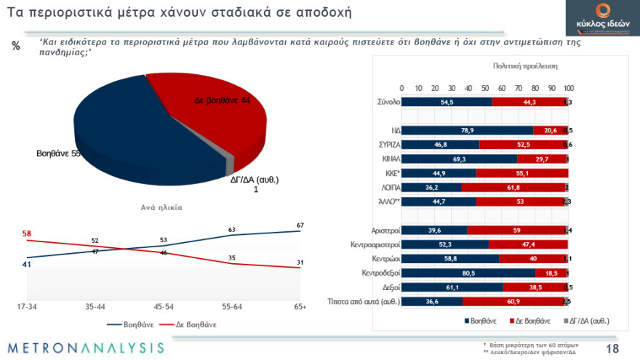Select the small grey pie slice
[231, 161]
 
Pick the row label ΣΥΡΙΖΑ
[386, 145]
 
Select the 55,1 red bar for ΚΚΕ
[522, 172]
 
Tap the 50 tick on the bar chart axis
[484, 88]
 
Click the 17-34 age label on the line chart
[27, 307]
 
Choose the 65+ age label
[300, 307]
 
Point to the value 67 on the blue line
[300, 224]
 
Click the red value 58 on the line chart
[27, 233]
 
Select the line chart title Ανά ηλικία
[161, 207]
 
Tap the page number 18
[612, 348]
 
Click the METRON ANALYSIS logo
[86, 348]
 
